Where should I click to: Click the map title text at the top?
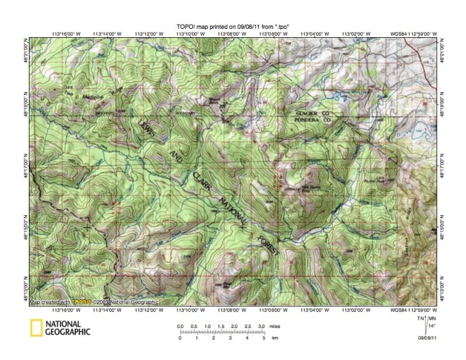tap(233, 26)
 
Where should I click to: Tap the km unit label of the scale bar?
tap(275, 338)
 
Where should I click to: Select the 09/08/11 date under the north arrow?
tap(428, 337)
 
